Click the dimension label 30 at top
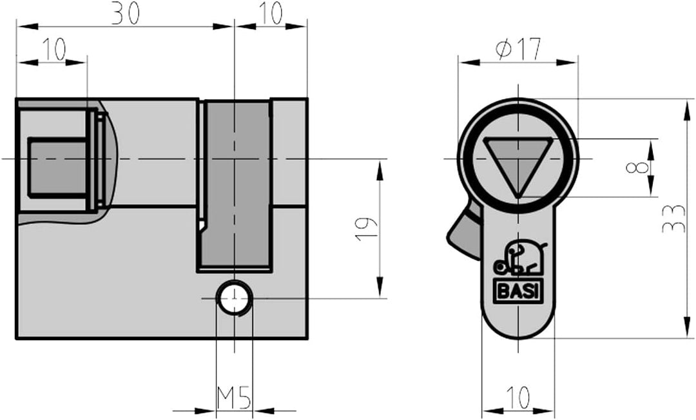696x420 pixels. click(x=125, y=13)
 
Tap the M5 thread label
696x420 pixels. click(x=234, y=398)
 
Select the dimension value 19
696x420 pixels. click(x=367, y=229)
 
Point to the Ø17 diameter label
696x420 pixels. click(x=518, y=49)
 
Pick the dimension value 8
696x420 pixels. click(x=637, y=167)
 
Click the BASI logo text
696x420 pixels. click(x=518, y=292)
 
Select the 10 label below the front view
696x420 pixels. click(x=517, y=397)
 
